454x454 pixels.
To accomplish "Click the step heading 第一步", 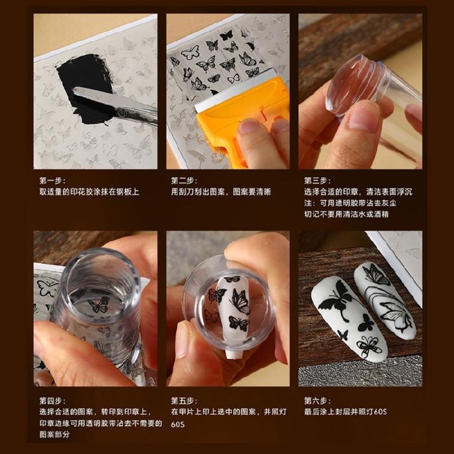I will point(53,180).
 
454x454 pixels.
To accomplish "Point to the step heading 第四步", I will point(53,401).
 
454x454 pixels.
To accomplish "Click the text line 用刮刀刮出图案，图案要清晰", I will point(221,192).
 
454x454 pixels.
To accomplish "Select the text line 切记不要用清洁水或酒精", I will point(346,214).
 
